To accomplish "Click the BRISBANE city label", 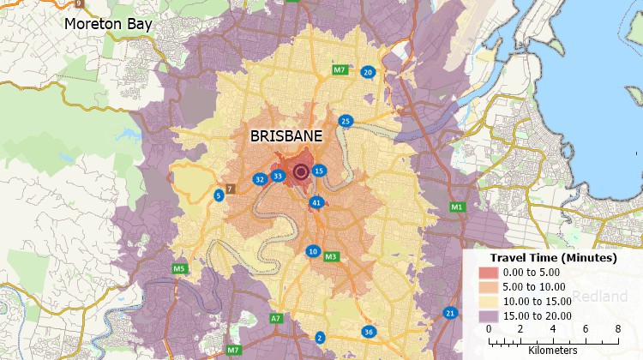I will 286,137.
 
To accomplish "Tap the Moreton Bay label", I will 108,24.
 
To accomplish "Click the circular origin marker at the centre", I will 301,172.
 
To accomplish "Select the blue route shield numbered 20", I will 368,72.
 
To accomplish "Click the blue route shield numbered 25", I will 346,121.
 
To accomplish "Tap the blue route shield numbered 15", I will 318,171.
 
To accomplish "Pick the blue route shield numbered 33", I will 277,177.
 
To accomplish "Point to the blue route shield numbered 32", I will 259,179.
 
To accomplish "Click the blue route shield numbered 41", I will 316,202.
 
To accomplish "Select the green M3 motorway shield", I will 331,256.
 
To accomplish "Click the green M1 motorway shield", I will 457,207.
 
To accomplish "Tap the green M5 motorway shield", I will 179,269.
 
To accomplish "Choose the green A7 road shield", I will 275,318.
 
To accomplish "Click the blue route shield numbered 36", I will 369,332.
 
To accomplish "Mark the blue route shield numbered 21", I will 449,313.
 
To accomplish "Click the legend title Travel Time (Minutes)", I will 553,257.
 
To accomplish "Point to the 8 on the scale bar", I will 617,328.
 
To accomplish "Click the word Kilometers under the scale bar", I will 553,350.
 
